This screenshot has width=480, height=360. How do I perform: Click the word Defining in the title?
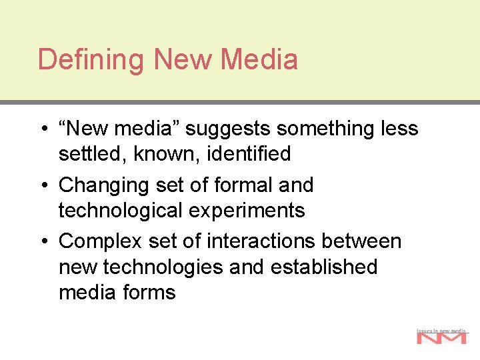[91, 59]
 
